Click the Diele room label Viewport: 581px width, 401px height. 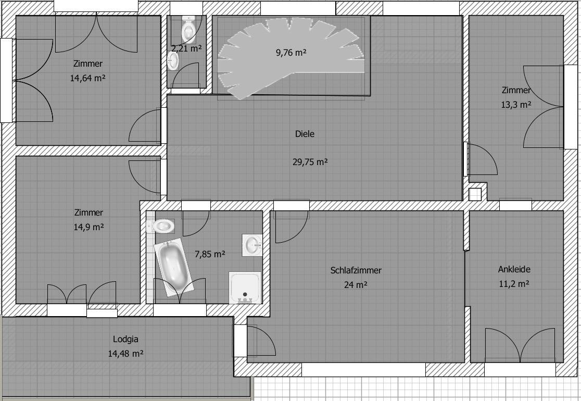(305, 134)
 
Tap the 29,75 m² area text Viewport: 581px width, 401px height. (310, 162)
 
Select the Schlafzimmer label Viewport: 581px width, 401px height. (356, 271)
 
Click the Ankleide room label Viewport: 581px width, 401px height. (514, 269)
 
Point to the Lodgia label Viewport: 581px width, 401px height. (125, 339)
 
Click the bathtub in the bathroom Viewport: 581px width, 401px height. (173, 267)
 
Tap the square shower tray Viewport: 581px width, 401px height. (245, 288)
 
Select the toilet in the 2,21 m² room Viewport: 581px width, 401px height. (188, 29)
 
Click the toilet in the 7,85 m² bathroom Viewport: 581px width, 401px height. (161, 225)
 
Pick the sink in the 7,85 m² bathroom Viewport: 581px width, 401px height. (252, 245)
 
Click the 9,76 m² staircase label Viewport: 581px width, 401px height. (291, 53)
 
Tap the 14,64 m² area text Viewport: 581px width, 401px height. (88, 78)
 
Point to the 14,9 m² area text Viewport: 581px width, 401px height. (89, 227)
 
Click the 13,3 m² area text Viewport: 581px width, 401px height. (516, 105)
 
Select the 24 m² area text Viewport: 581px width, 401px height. (356, 285)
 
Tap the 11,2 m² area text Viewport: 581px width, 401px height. (514, 284)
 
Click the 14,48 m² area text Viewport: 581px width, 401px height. (125, 354)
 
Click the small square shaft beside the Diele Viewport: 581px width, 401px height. (475, 195)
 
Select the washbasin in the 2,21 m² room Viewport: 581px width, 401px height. (173, 61)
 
